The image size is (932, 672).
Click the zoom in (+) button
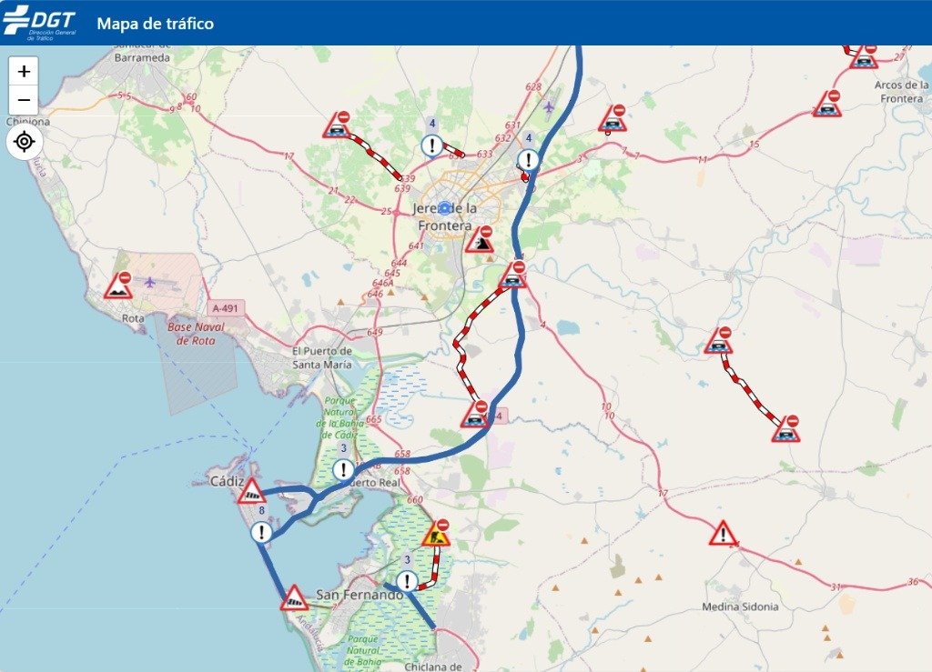click(24, 71)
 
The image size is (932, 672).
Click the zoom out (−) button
click(24, 100)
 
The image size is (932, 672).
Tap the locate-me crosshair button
click(24, 142)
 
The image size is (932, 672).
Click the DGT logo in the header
click(39, 22)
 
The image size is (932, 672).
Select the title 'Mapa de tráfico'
click(155, 24)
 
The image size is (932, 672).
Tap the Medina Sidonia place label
click(740, 607)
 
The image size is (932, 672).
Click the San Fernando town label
click(359, 595)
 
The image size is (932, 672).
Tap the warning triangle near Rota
click(118, 286)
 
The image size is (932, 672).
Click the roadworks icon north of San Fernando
click(437, 534)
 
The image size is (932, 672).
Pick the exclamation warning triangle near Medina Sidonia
click(723, 533)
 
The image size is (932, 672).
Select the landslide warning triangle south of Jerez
click(480, 240)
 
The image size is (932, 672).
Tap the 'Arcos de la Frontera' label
click(901, 91)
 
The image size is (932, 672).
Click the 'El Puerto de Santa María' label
click(322, 357)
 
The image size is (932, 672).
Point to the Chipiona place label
click(27, 121)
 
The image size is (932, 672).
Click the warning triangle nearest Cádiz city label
click(251, 492)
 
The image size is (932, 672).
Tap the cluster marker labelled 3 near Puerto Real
click(343, 469)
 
